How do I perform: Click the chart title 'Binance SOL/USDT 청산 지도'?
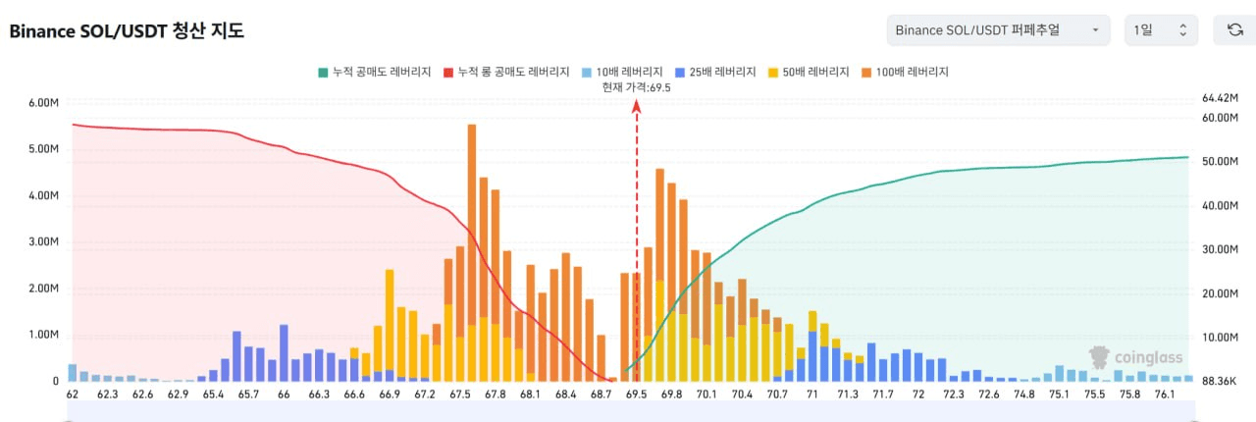[127, 30]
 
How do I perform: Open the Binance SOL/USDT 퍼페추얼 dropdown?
[998, 30]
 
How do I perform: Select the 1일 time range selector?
[1161, 30]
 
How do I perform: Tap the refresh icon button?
[1234, 30]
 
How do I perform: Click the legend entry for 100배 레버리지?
[905, 72]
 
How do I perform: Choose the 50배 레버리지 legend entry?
[809, 72]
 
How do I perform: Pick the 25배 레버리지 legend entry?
[715, 72]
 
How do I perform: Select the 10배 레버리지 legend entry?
[622, 72]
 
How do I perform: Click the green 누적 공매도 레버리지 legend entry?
[375, 72]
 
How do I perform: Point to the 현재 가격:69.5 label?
[637, 87]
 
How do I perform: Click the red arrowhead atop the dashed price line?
[637, 106]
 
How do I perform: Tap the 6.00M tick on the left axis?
[44, 103]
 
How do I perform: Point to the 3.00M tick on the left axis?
[44, 241]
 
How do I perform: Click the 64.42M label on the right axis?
[1220, 97]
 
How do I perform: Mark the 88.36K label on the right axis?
[1220, 381]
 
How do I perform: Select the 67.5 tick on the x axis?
[460, 395]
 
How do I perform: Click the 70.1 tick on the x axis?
[706, 395]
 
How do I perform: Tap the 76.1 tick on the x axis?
[1165, 395]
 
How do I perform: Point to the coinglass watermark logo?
[1135, 357]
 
